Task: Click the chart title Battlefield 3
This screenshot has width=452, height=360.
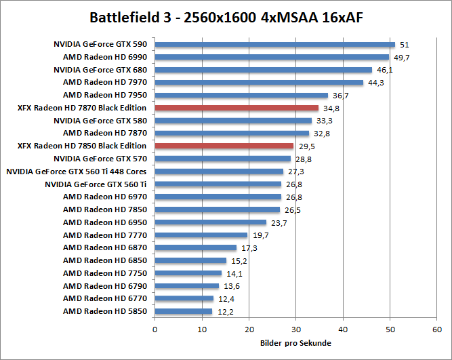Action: pyautogui.click(x=226, y=16)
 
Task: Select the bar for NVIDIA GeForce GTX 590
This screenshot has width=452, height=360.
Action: pyautogui.click(x=275, y=45)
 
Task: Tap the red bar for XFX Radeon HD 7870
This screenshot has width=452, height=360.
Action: pyautogui.click(x=237, y=108)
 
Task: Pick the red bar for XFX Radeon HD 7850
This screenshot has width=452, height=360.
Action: pyautogui.click(x=224, y=146)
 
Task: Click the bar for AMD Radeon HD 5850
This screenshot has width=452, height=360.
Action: pyautogui.click(x=184, y=311)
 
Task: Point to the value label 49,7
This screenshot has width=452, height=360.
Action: pyautogui.click(x=403, y=58)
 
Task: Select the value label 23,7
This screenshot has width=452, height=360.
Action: pyautogui.click(x=279, y=223)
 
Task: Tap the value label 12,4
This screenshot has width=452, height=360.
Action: pyautogui.click(x=226, y=299)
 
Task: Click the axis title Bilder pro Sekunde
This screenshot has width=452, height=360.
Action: pyautogui.click(x=295, y=343)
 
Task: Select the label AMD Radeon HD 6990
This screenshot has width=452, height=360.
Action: pyautogui.click(x=104, y=57)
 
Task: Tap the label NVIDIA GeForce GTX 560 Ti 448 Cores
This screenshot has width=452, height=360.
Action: pyautogui.click(x=77, y=172)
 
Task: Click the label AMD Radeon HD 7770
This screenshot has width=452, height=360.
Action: pyautogui.click(x=104, y=235)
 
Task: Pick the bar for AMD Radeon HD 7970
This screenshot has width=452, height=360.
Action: pyautogui.click(x=260, y=83)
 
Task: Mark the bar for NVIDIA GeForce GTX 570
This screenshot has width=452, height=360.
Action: pyautogui.click(x=223, y=159)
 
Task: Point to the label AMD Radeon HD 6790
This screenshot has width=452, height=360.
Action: pyautogui.click(x=104, y=286)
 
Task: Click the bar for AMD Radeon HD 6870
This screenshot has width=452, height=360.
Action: pyautogui.click(x=196, y=248)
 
